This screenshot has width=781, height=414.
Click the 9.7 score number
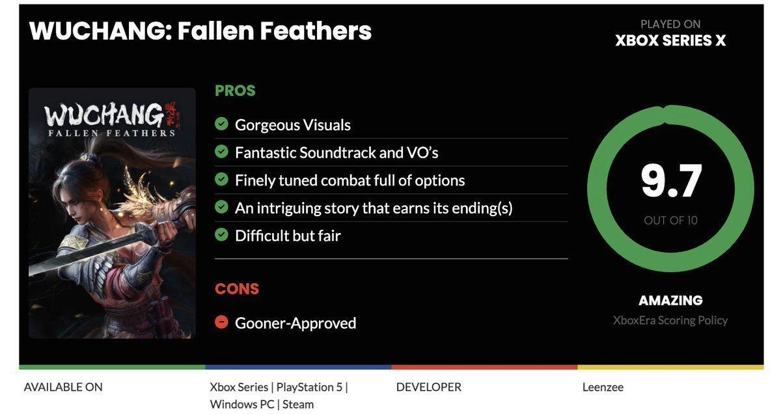(671, 181)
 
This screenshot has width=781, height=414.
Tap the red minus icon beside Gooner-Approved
(221, 322)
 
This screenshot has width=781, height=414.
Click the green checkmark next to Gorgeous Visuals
(221, 124)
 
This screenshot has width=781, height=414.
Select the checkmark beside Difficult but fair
(221, 235)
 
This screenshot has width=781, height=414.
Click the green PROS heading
(235, 90)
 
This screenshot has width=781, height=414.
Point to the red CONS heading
(237, 289)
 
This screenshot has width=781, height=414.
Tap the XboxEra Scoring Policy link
(670, 320)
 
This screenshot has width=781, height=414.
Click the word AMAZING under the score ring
(670, 300)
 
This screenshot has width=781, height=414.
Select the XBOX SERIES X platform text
(670, 40)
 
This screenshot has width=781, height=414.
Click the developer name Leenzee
(603, 387)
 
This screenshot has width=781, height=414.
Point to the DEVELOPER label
(428, 387)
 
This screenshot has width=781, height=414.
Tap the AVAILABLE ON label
(63, 387)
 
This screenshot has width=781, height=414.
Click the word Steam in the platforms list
(298, 405)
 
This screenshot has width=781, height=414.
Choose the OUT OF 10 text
(670, 221)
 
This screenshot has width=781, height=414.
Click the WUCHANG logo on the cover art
(104, 115)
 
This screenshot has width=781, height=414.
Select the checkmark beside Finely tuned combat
(221, 179)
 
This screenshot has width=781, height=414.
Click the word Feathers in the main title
(316, 31)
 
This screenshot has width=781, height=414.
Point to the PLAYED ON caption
(670, 24)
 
